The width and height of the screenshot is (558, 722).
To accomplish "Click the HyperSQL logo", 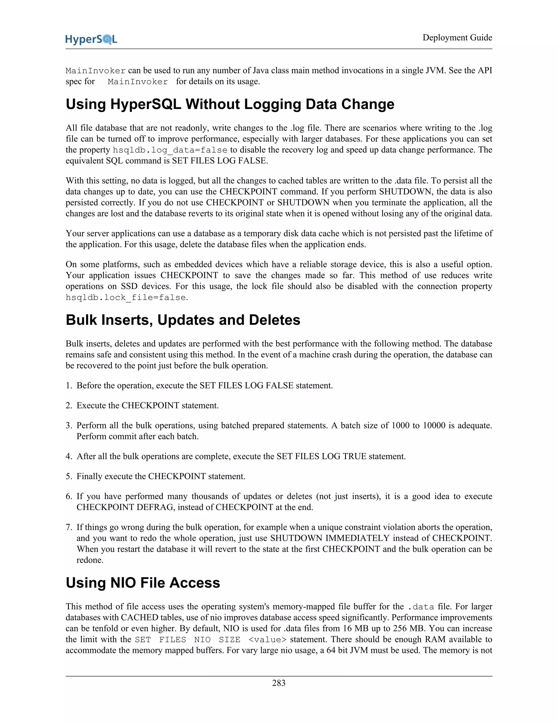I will point(91,39).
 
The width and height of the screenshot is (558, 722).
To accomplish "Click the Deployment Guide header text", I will point(457,38).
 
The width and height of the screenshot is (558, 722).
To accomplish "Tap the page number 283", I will point(279,683).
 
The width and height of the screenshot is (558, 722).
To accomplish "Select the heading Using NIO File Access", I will point(143,583).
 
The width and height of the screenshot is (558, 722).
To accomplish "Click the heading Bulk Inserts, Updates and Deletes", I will point(183,320).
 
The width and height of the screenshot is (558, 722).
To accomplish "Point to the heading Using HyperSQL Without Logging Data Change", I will point(230,104).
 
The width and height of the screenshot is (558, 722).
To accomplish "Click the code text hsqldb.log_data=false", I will point(170,150).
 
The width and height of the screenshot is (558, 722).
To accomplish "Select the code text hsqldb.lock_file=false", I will point(126,298).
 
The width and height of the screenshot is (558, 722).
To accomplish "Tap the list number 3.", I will point(68,426).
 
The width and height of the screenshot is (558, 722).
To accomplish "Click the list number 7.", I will point(68,527).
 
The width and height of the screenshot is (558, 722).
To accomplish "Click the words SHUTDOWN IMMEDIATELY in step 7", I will point(330,538).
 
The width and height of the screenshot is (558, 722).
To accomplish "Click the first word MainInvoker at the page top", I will point(96,71).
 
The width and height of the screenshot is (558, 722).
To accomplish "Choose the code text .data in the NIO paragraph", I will point(421,607).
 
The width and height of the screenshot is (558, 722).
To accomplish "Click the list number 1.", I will point(68,386).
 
